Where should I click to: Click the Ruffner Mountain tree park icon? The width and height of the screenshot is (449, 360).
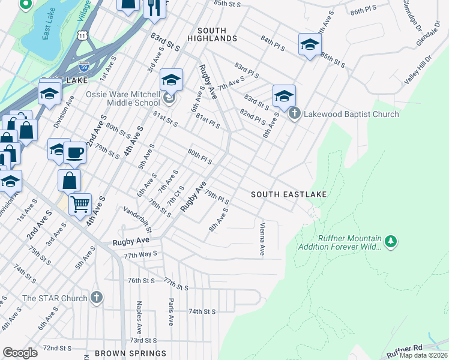391,241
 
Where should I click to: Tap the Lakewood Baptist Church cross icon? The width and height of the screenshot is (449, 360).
294,113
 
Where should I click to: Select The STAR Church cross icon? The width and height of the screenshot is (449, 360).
97,298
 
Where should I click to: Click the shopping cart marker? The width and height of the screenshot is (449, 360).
80,204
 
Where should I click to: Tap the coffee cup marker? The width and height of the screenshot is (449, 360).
74,152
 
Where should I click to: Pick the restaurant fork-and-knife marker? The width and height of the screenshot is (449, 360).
153,6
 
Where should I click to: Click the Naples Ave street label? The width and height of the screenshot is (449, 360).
139,317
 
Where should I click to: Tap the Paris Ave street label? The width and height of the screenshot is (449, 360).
171,311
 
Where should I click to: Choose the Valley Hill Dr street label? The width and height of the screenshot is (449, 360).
418,70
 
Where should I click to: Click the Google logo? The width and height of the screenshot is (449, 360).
20,353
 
